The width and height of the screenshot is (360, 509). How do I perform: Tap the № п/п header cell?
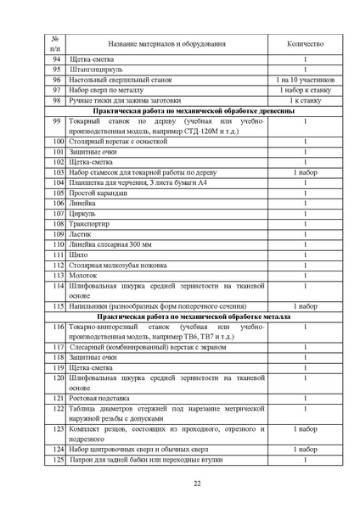pos(55,43)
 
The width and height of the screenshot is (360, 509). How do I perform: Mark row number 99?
pos(56,120)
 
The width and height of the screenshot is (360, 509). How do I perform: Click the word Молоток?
pos(85,276)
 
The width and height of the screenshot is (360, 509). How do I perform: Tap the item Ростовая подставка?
pos(100,398)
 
